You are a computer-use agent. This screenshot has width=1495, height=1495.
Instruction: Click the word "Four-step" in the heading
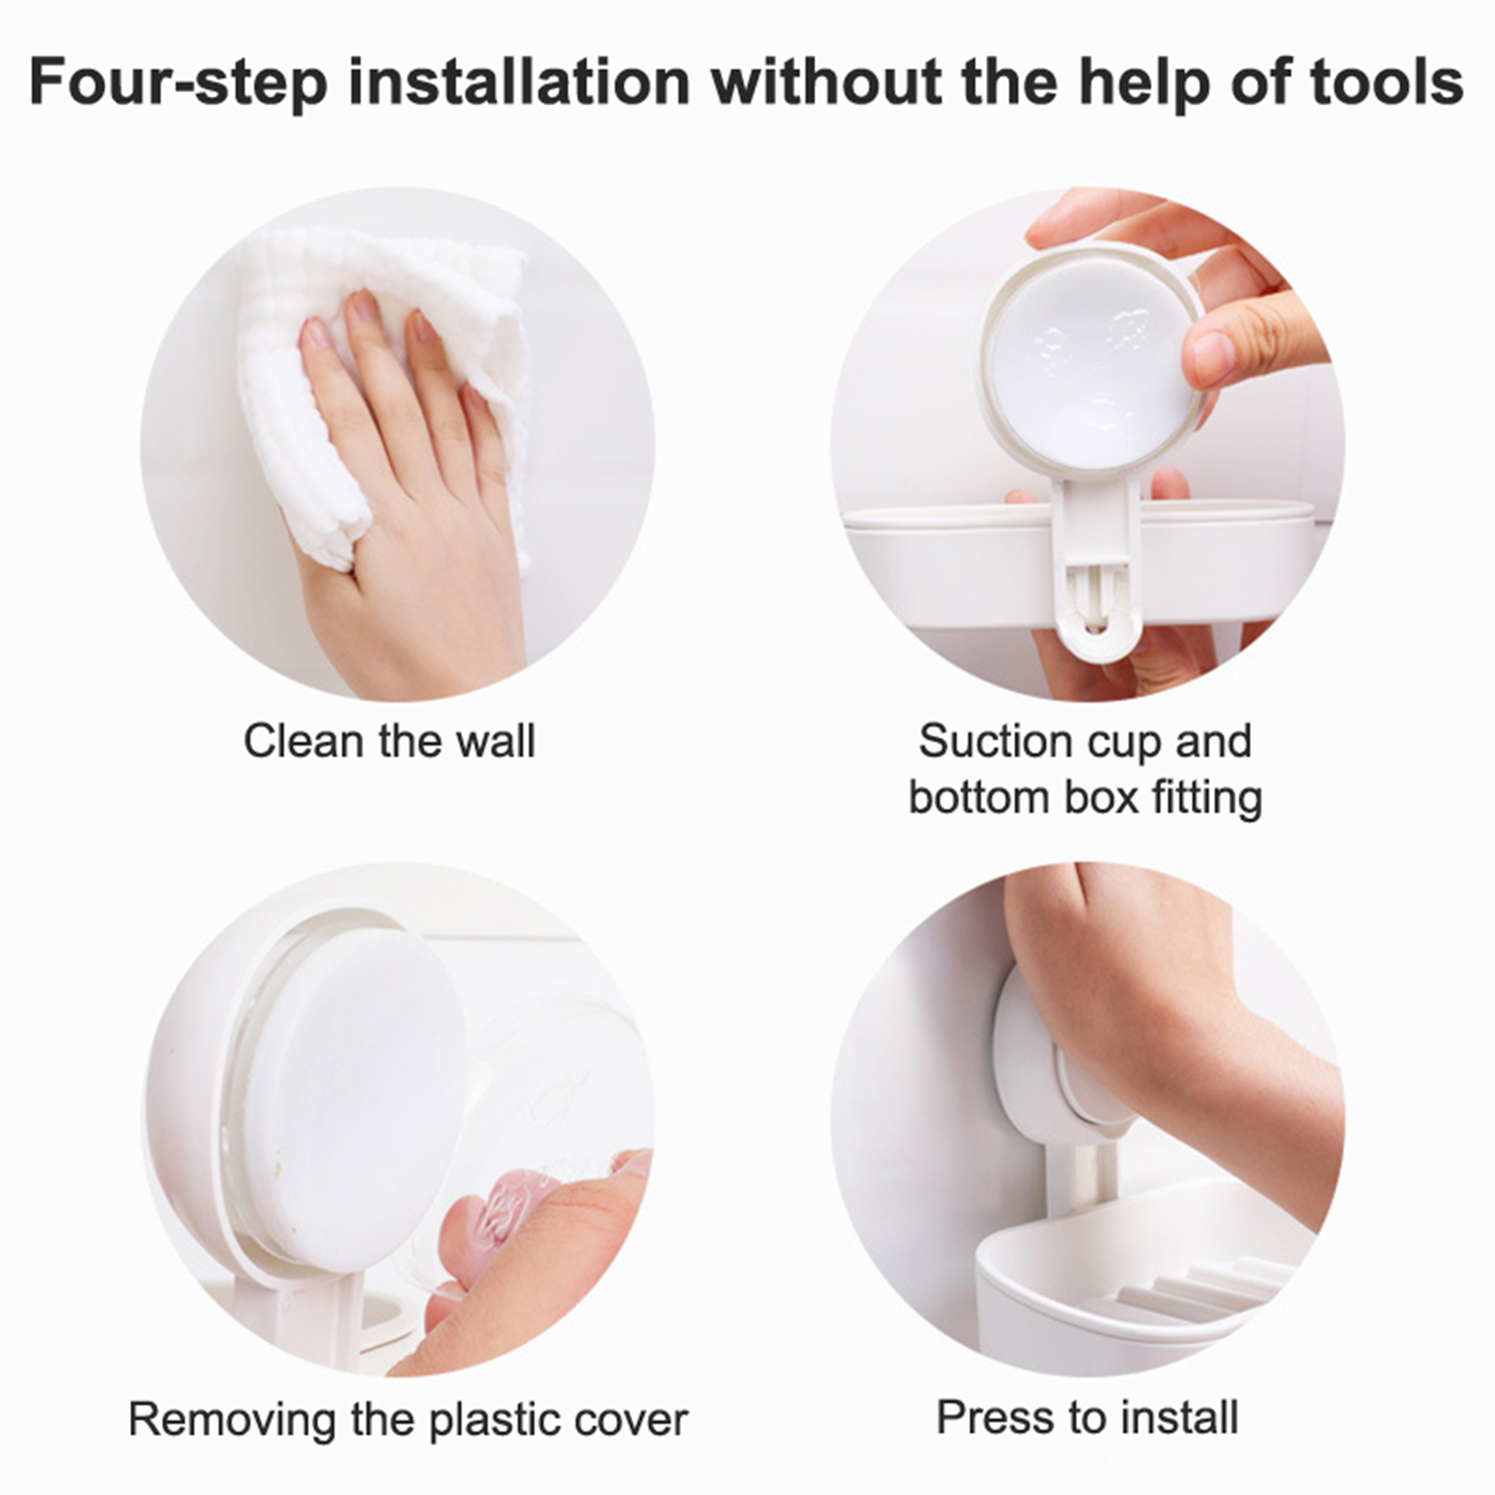pyautogui.click(x=178, y=81)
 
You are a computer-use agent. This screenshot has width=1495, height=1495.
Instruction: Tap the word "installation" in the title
pyautogui.click(x=520, y=81)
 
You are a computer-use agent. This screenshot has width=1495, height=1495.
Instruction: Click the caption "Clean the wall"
pyautogui.click(x=390, y=741)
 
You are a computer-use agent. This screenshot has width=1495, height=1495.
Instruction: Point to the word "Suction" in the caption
pyautogui.click(x=987, y=742)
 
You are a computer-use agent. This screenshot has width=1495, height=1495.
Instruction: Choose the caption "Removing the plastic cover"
pyautogui.click(x=407, y=1419)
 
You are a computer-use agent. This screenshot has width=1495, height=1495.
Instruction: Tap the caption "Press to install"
pyautogui.click(x=1088, y=1417)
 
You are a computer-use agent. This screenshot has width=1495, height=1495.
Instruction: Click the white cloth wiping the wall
pyautogui.click(x=374, y=374)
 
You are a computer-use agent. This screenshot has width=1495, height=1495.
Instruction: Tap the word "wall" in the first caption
pyautogui.click(x=496, y=741)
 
